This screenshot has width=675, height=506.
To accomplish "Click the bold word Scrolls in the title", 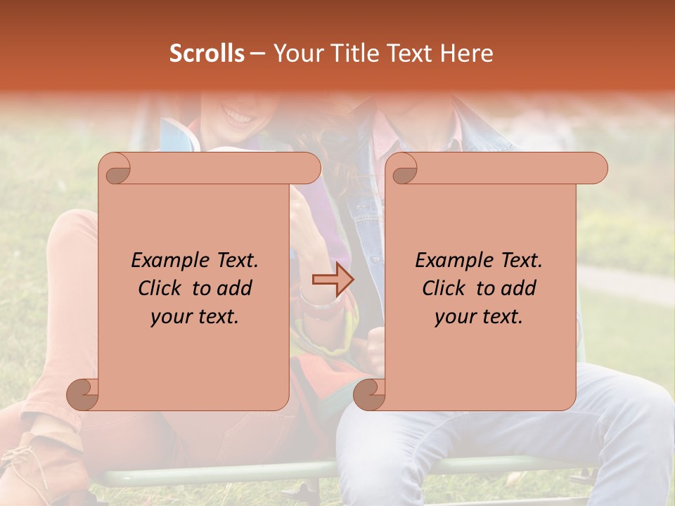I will [x=207, y=53].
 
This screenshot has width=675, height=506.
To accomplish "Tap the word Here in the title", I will [x=466, y=53].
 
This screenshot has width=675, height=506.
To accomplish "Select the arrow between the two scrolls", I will [x=333, y=280].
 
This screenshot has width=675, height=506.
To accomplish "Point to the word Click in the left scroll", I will [x=160, y=288].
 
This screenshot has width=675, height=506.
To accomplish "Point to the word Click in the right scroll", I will [x=444, y=288].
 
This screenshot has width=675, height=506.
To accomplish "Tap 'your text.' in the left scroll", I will [x=194, y=316].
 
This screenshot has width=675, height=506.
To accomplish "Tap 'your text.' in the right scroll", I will [x=478, y=316].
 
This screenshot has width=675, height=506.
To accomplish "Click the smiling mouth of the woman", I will [x=238, y=115].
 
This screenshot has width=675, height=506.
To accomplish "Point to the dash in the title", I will [x=257, y=54].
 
